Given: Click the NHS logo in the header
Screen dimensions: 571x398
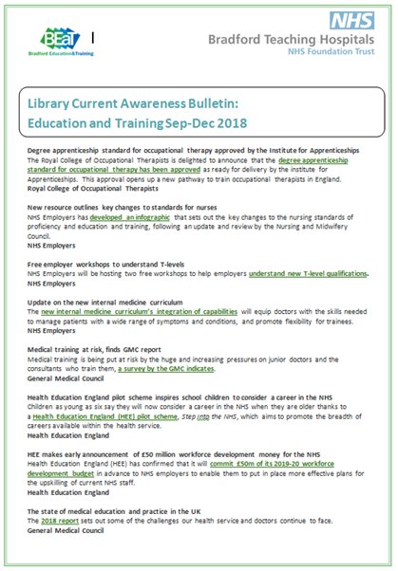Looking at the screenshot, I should tap(352, 20).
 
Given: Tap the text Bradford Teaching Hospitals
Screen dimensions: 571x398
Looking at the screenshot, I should tap(288, 41).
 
